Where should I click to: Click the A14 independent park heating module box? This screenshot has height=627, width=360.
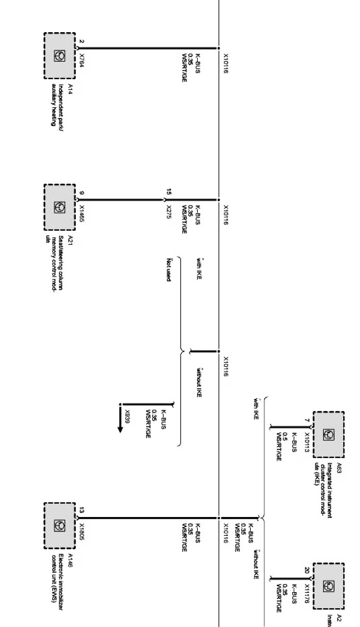click(59, 56)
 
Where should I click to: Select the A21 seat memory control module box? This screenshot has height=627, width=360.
click(59, 207)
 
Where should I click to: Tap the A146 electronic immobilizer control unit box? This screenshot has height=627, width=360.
click(59, 525)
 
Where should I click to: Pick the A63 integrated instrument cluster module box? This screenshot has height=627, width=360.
click(328, 434)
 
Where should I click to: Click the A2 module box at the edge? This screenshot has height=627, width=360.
click(328, 586)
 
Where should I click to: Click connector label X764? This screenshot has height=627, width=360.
click(82, 61)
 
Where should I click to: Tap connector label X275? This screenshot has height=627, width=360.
click(169, 211)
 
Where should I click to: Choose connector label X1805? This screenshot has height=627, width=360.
click(82, 532)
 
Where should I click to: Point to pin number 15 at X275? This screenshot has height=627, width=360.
click(169, 191)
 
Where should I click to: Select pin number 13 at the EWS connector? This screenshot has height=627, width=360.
click(82, 510)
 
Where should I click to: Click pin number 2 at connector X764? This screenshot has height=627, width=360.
click(82, 41)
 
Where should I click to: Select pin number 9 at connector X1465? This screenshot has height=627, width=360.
click(82, 193)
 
